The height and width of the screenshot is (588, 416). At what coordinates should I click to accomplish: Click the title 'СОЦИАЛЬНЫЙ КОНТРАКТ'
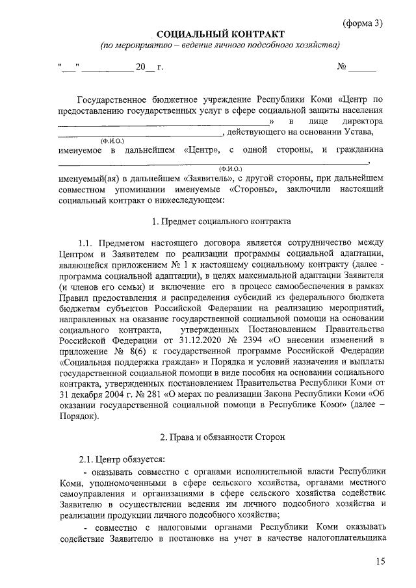pos(221,34)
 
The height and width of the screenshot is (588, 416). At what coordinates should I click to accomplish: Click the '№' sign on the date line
pos(340,68)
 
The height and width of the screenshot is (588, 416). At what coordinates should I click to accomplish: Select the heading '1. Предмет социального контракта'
pos(220,223)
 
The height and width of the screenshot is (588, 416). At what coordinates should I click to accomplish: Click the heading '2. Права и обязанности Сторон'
pos(220,437)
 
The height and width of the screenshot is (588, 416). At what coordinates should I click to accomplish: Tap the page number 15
pos(381,561)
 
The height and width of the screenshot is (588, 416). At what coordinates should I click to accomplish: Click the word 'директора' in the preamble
pos(365,121)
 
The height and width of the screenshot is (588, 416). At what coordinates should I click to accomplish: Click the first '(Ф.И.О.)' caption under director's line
pos(112,141)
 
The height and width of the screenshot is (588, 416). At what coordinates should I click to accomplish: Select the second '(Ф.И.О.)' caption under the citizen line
pos(231,168)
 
